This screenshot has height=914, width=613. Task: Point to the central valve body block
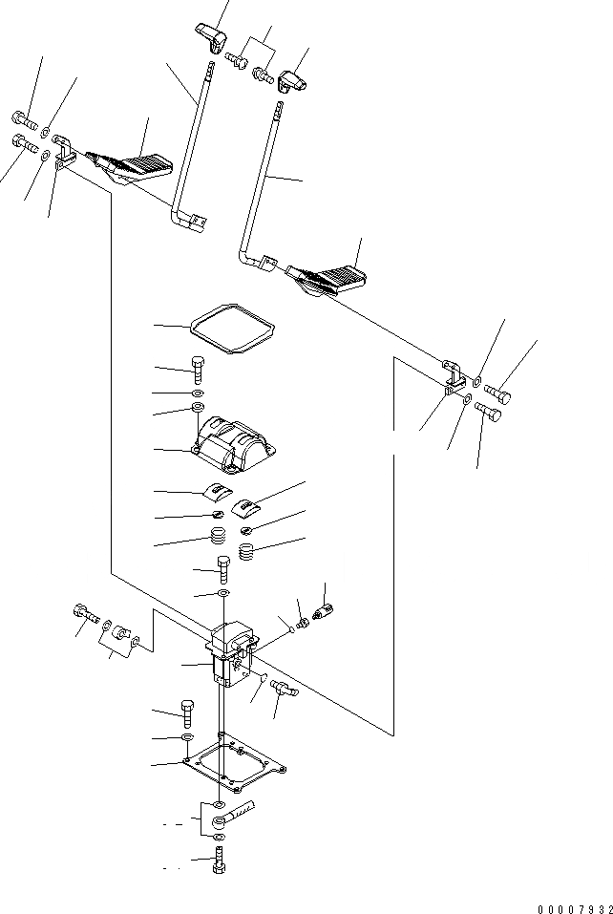(232, 654)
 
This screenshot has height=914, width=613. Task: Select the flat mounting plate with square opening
(235, 769)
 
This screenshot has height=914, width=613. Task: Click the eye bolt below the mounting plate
(236, 817)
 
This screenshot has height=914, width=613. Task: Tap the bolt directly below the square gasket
(197, 369)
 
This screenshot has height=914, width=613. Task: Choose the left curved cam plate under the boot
(219, 495)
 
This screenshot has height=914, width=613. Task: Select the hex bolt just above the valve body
(222, 570)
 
